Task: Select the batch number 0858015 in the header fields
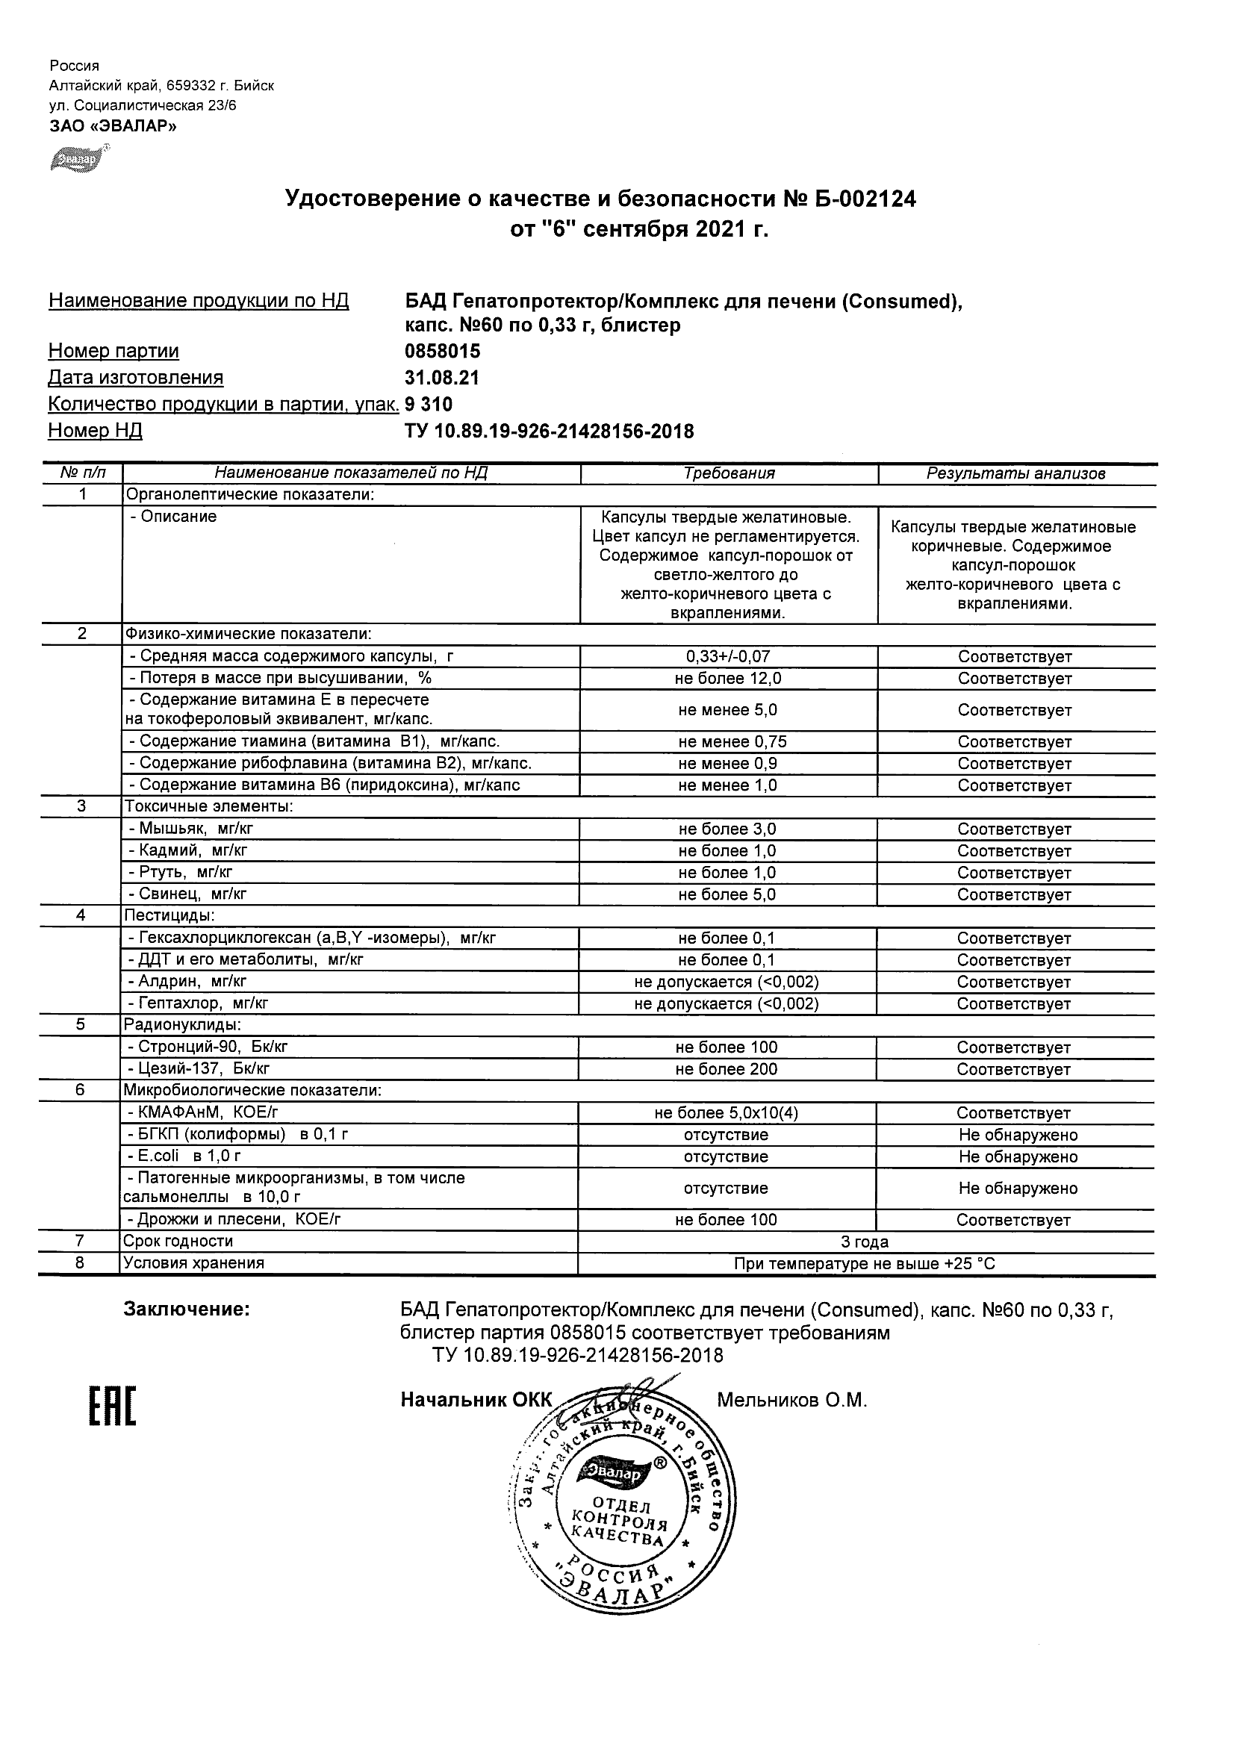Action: tap(442, 351)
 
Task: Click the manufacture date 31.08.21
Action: tap(441, 378)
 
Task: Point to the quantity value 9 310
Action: tap(429, 404)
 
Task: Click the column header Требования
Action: tap(728, 473)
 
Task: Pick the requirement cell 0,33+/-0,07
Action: tap(728, 656)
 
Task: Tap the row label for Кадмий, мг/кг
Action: tap(187, 850)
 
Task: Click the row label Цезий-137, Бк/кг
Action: tap(199, 1069)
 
